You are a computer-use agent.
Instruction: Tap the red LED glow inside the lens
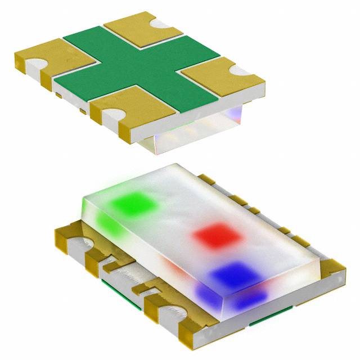click(217, 235)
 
